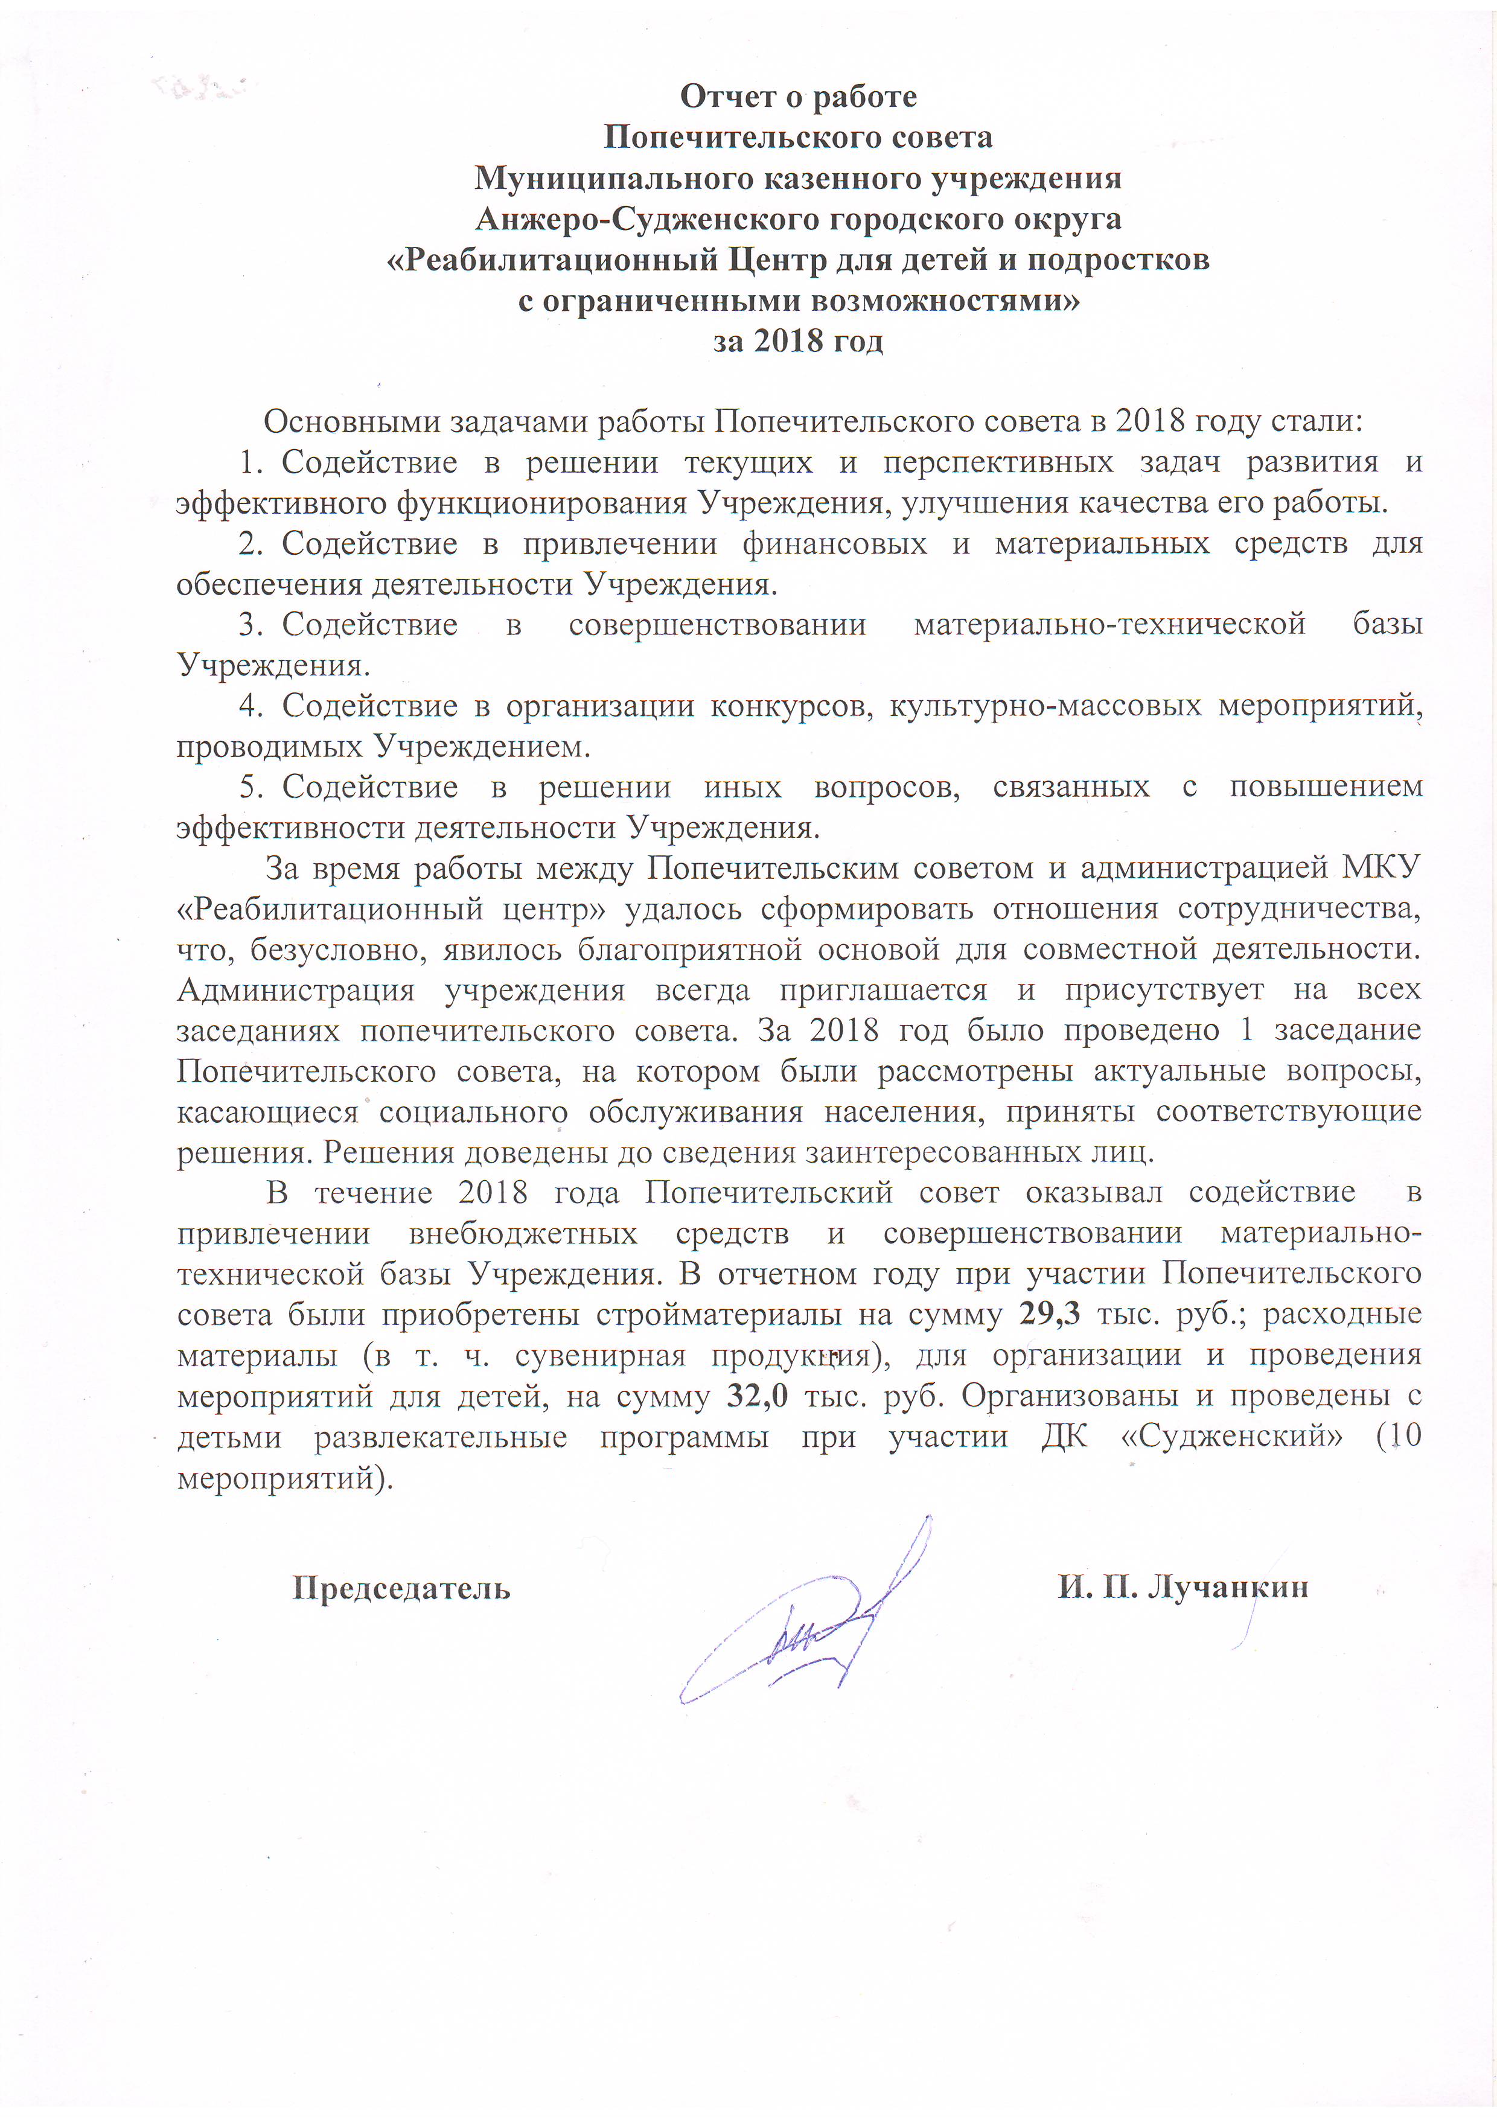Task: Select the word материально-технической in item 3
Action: [1109, 624]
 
